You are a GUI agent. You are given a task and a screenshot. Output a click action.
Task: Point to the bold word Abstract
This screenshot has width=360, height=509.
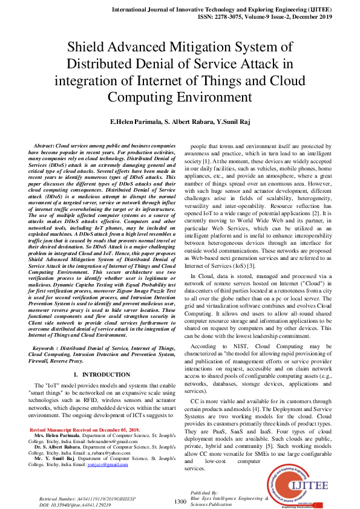pos(43,146)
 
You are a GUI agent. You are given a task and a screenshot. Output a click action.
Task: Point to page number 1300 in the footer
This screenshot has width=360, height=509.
pos(180,502)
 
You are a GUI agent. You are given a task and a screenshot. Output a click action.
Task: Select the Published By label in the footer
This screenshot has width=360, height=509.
pos(203,493)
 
